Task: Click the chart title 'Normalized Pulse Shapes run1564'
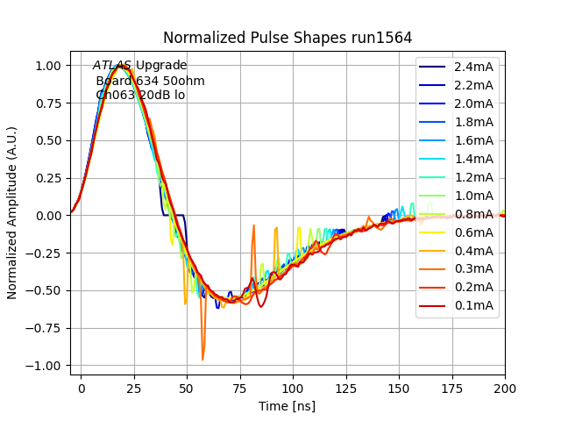pos(288,38)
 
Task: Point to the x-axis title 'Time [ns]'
pos(287,406)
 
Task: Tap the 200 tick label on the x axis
pos(504,387)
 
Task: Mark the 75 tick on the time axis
pos(239,387)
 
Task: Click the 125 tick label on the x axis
pos(345,387)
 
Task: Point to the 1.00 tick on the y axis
pos(47,66)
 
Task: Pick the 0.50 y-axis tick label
pos(47,140)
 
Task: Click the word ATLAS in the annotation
pos(112,66)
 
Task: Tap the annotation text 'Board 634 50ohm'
pos(150,81)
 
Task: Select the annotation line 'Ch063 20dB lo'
pos(140,95)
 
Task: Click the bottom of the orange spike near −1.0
pos(202,359)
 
